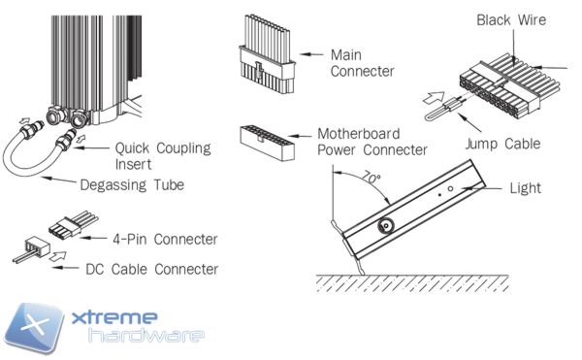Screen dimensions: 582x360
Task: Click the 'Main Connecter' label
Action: [362, 63]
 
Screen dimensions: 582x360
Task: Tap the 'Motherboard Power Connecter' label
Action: [372, 142]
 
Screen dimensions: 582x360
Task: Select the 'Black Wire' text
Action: [511, 20]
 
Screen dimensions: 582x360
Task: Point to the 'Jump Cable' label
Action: [502, 144]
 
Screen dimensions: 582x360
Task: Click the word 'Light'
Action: [525, 188]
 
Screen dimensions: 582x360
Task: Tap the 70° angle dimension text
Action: [372, 177]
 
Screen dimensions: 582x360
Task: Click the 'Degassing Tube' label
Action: [132, 184]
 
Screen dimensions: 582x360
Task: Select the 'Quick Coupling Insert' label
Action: [163, 156]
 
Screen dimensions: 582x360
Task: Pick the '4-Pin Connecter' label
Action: [165, 240]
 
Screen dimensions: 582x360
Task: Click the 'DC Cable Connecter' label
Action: [152, 270]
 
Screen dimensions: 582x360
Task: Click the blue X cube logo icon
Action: [34, 328]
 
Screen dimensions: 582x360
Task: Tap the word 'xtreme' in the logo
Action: [114, 317]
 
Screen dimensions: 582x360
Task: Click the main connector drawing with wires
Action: [268, 54]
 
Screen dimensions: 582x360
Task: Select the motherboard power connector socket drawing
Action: [268, 143]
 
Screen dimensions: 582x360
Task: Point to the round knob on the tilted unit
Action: [386, 225]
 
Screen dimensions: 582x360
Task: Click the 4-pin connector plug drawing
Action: [73, 224]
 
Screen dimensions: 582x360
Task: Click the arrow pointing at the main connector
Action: [311, 54]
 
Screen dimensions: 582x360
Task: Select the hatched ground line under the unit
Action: [412, 284]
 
